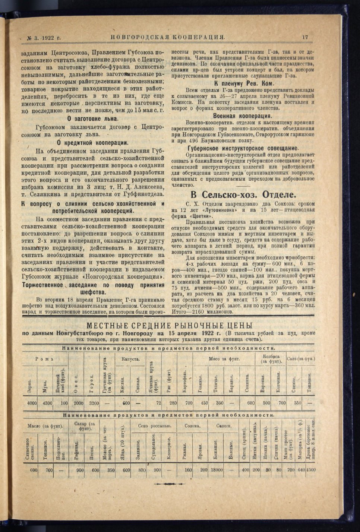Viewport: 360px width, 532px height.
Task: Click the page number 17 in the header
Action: point(305,37)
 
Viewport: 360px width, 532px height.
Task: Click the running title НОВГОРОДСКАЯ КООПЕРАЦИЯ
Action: point(168,37)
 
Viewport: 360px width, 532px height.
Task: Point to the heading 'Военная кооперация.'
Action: point(244,116)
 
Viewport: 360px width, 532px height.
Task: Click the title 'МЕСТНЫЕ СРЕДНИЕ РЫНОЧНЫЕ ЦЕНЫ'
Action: point(169,325)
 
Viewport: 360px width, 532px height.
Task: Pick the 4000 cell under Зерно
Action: point(32,403)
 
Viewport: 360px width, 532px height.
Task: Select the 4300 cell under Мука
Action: point(47,403)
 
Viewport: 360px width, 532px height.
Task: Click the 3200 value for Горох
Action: point(94,403)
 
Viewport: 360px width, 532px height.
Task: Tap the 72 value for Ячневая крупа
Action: point(158,403)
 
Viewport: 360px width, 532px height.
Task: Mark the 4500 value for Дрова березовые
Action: point(311,470)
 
